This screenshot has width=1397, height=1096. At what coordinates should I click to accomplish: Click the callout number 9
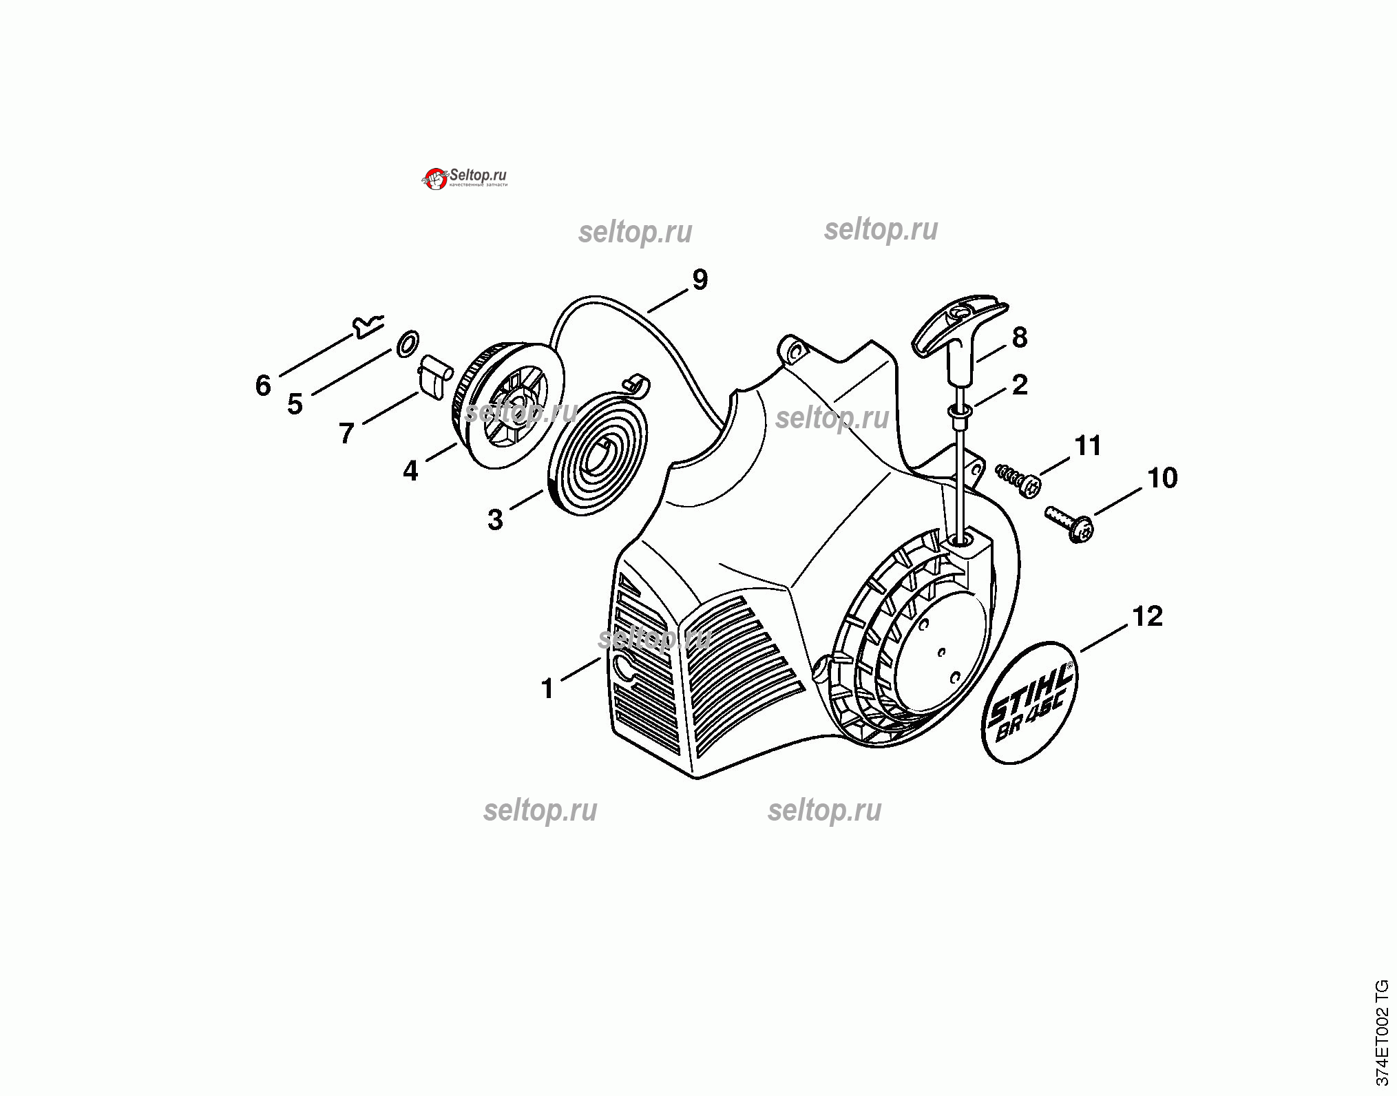[x=700, y=280]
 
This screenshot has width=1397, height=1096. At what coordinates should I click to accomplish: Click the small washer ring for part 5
[x=408, y=343]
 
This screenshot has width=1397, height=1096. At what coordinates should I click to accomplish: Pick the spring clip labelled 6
[x=367, y=326]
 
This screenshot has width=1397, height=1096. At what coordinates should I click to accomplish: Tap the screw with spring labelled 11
[x=1019, y=478]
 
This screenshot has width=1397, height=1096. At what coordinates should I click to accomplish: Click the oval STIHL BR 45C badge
[x=1030, y=703]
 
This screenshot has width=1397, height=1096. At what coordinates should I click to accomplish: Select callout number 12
[x=1147, y=616]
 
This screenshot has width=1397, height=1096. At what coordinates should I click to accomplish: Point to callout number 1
[x=548, y=688]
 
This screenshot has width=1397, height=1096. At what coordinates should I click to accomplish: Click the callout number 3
[x=495, y=520]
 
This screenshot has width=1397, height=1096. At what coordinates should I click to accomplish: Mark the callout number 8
[x=1020, y=337]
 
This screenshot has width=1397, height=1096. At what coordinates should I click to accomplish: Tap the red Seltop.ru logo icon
[x=434, y=179]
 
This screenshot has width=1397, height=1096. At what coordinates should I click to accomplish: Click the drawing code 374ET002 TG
[x=1382, y=1033]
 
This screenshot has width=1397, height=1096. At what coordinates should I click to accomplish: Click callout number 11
[x=1088, y=446]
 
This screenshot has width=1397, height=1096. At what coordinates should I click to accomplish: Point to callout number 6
[x=263, y=386]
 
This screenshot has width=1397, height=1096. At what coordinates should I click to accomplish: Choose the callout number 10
[x=1162, y=478]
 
